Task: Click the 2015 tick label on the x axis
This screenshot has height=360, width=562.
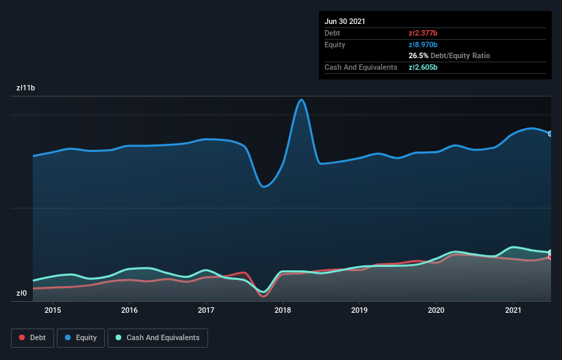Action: (x=53, y=310)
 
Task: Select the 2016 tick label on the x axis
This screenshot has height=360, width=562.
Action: (x=129, y=310)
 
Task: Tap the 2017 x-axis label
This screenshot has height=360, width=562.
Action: (x=206, y=310)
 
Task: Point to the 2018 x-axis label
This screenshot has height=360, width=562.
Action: (x=283, y=310)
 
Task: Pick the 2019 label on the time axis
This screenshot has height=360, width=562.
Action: (x=359, y=310)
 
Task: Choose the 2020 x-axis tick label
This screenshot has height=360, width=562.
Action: (x=436, y=310)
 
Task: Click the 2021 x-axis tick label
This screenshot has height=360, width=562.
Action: (x=513, y=310)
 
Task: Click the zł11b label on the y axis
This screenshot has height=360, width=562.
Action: (x=26, y=88)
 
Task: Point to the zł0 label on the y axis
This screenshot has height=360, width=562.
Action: (x=22, y=294)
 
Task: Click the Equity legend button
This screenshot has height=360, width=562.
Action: (x=81, y=337)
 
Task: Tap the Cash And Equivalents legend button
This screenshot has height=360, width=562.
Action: (x=157, y=337)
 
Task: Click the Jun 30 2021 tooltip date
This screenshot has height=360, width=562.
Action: (x=345, y=21)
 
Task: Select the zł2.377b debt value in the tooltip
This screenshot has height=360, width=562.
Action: (x=422, y=33)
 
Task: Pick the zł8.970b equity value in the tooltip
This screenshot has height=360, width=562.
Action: (x=422, y=44)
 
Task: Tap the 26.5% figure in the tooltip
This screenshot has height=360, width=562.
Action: (x=418, y=55)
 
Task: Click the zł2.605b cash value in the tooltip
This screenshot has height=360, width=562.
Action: (x=422, y=67)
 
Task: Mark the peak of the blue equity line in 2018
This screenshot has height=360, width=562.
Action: (x=301, y=100)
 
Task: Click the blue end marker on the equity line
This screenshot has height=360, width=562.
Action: (x=550, y=133)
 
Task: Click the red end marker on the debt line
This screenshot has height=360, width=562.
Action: (x=550, y=257)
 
